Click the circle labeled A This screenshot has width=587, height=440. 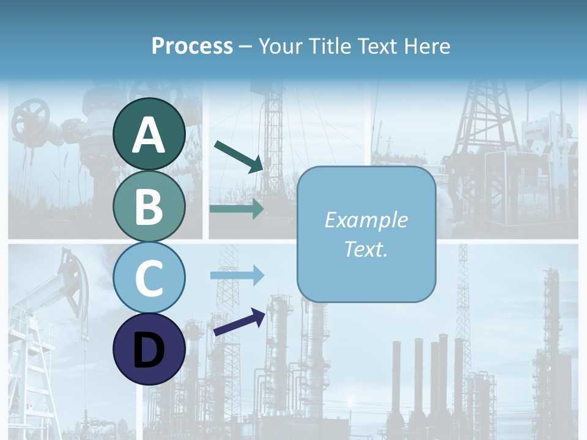(149, 134)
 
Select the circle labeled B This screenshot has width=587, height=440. (149, 206)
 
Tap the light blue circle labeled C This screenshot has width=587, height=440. (149, 277)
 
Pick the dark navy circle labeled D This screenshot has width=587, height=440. (149, 349)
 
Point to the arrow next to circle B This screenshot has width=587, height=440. (237, 208)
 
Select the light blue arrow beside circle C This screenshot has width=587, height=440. (237, 275)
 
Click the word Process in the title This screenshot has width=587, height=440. (192, 46)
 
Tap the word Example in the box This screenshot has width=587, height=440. (366, 220)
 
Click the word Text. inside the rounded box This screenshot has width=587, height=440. (366, 249)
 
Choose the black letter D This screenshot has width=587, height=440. (149, 350)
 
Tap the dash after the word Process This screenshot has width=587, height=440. (246, 46)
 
